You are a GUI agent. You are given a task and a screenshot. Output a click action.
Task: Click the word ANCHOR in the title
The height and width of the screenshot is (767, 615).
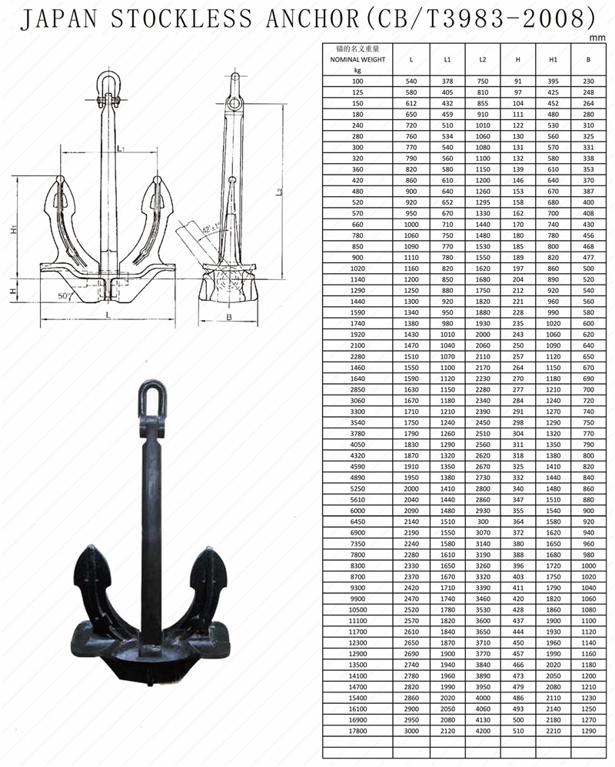314,19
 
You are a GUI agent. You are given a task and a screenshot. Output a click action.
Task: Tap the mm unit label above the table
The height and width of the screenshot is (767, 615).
597,38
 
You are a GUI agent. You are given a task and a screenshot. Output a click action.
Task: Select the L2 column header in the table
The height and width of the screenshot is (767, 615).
483,60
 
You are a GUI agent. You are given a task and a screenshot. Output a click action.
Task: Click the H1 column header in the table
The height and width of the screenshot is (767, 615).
553,60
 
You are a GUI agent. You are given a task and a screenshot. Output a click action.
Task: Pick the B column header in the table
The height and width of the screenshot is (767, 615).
588,60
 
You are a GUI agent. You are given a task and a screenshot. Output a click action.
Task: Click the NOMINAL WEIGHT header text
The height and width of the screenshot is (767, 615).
358,60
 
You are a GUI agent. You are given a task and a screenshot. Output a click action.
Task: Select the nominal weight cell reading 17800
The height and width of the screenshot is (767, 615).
358,731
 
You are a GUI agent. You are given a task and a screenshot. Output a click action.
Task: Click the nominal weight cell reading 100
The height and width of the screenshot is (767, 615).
358,82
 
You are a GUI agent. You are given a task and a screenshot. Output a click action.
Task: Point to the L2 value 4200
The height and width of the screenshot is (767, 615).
483,731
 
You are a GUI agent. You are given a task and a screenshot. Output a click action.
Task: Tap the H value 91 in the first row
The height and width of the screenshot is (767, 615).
517,82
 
